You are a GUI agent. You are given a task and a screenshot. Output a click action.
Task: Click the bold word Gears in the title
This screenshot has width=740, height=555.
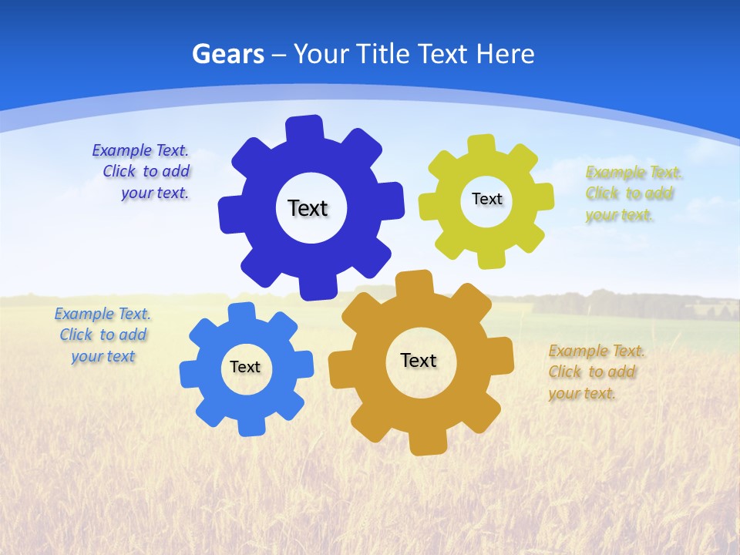pyautogui.click(x=227, y=54)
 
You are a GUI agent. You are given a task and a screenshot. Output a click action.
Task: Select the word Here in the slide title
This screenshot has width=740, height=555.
pyautogui.click(x=505, y=54)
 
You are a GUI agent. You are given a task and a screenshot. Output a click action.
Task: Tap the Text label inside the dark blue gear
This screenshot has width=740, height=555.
pyautogui.click(x=308, y=208)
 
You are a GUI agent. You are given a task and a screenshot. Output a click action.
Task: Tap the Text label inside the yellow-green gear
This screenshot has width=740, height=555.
pyautogui.click(x=486, y=199)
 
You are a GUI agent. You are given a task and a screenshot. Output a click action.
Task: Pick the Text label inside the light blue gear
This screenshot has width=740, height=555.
pyautogui.click(x=245, y=367)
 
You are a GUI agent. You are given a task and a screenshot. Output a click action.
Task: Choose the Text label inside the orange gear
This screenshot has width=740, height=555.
pyautogui.click(x=419, y=360)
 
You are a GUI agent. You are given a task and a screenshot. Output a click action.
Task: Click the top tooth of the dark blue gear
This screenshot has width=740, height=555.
pyautogui.click(x=305, y=128)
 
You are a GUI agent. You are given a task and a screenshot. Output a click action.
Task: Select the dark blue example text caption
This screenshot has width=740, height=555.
pyautogui.click(x=143, y=172)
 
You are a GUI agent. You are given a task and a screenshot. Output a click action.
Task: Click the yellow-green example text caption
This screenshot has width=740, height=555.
pyautogui.click(x=634, y=193)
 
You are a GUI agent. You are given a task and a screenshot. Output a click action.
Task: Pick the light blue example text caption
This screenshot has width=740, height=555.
pyautogui.click(x=103, y=335)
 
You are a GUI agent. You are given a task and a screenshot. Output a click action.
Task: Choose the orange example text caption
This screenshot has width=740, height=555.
pyautogui.click(x=597, y=372)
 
